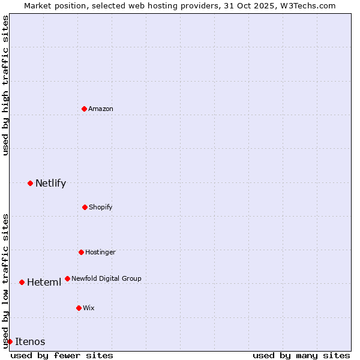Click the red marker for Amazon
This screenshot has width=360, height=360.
(x=84, y=109)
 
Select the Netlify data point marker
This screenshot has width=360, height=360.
(x=30, y=183)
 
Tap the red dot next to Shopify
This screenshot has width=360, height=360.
(x=85, y=207)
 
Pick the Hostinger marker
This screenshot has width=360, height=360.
(x=81, y=252)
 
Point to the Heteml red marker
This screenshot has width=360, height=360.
(x=22, y=282)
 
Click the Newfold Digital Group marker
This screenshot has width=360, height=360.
(x=67, y=278)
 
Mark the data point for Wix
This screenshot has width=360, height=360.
(x=79, y=308)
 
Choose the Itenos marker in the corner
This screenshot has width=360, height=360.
(x=10, y=341)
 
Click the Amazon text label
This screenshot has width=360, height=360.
(x=101, y=109)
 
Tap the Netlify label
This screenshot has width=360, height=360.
(x=50, y=183)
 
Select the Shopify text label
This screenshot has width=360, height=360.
(x=101, y=207)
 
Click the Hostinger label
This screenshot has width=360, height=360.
(x=100, y=252)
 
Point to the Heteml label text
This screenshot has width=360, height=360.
(x=44, y=282)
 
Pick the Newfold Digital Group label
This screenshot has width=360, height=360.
(x=106, y=278)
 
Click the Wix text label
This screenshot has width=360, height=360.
(x=89, y=308)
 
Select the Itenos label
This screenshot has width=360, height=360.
(x=30, y=341)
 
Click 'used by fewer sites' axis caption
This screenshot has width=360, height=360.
(x=62, y=355)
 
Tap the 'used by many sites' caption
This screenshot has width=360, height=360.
(x=301, y=355)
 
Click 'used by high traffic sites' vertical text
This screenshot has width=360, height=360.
(x=5, y=86)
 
